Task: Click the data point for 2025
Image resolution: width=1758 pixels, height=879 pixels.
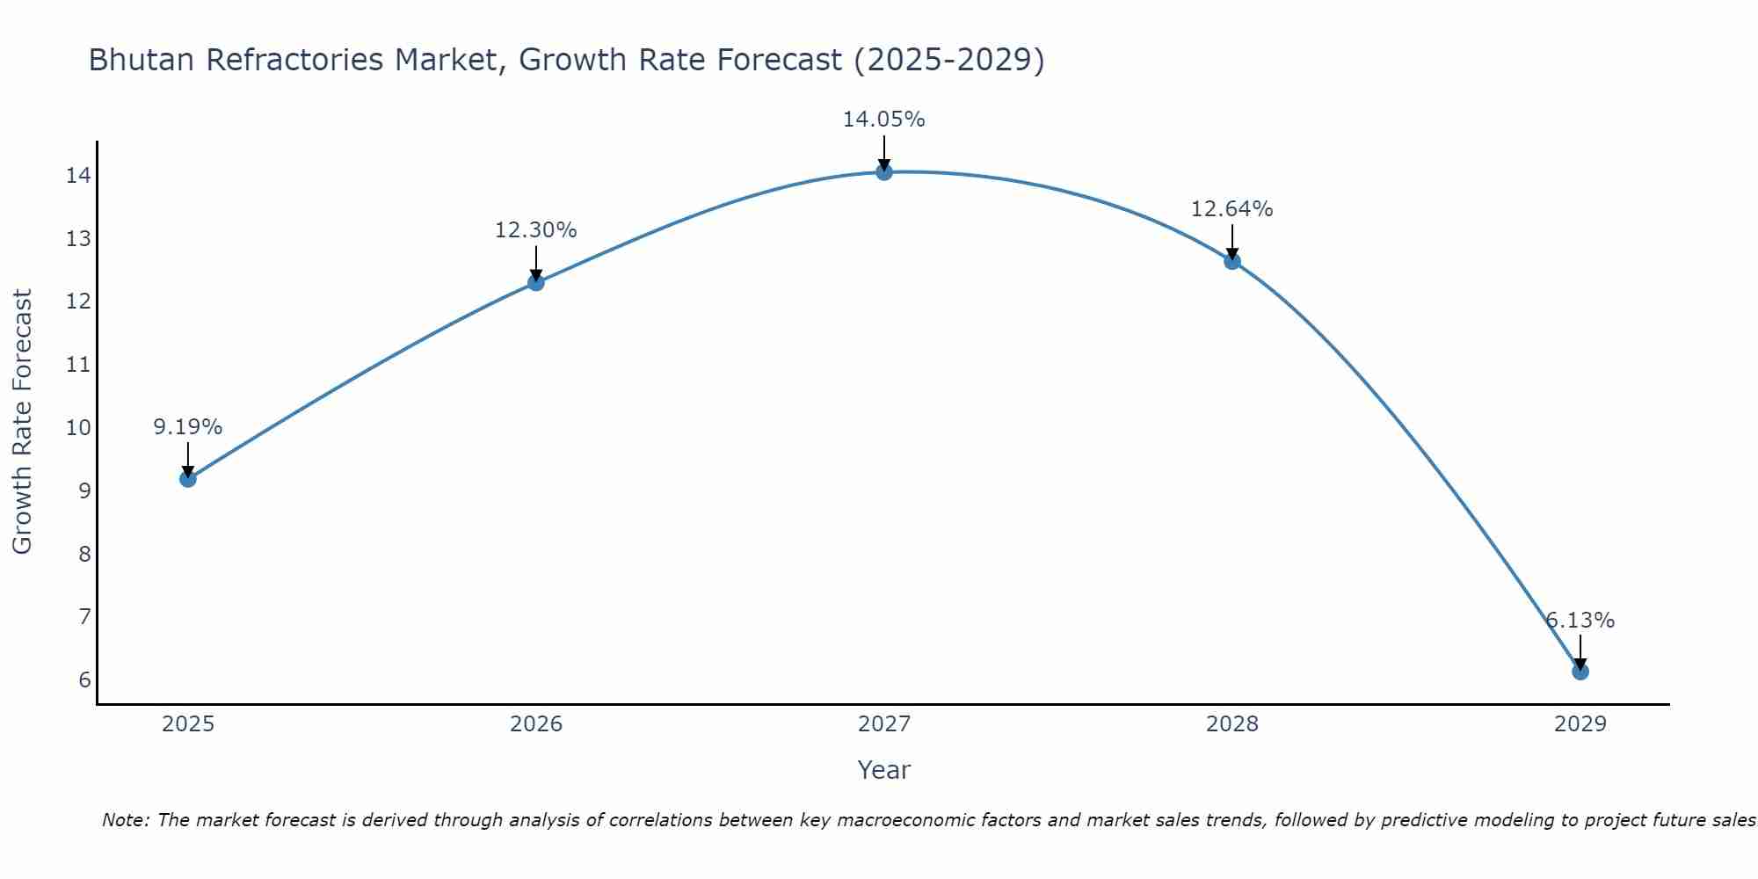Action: pyautogui.click(x=187, y=479)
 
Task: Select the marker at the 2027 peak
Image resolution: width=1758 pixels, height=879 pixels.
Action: pyautogui.click(x=884, y=172)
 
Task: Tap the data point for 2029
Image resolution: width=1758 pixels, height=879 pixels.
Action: pyautogui.click(x=1580, y=672)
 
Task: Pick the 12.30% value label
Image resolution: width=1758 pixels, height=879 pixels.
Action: pyautogui.click(x=535, y=230)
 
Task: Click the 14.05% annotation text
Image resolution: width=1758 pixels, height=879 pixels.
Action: pyautogui.click(x=883, y=120)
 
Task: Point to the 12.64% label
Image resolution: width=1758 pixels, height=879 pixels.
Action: pyautogui.click(x=1231, y=209)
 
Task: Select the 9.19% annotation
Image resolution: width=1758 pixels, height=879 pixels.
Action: pyautogui.click(x=187, y=427)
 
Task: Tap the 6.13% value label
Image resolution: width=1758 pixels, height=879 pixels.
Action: pyautogui.click(x=1580, y=621)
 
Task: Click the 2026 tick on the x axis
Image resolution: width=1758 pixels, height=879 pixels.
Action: pyautogui.click(x=536, y=724)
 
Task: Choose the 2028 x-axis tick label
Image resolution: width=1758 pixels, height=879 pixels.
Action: pyautogui.click(x=1231, y=724)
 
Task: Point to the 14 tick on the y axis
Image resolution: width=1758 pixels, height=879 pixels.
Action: pyautogui.click(x=78, y=176)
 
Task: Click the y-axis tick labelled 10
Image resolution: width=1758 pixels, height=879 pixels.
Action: pyautogui.click(x=78, y=428)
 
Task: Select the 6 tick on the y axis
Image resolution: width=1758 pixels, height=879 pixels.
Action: pyautogui.click(x=84, y=680)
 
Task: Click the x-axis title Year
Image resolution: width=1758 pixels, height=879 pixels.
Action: pyautogui.click(x=883, y=770)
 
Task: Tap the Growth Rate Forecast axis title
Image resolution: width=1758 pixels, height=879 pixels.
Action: pyautogui.click(x=23, y=422)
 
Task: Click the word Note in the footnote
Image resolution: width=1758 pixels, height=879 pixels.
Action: pyautogui.click(x=127, y=820)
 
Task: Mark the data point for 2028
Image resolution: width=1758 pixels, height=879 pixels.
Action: pyautogui.click(x=1231, y=261)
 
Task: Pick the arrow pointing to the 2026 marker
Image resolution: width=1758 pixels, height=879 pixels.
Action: pyautogui.click(x=535, y=264)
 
